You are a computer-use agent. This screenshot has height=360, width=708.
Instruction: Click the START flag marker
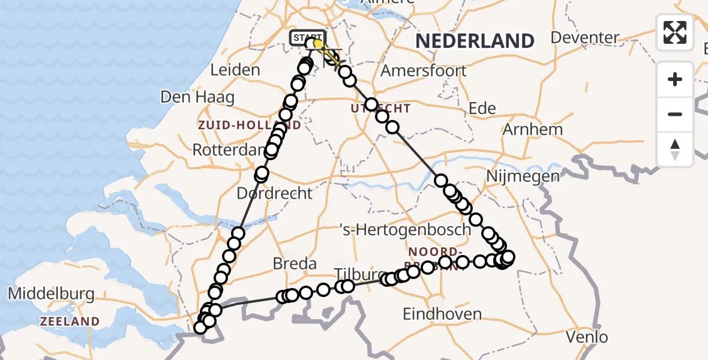307,38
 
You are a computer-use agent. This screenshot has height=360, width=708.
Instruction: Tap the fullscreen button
675,32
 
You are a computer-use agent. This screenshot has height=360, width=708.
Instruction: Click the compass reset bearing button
675,149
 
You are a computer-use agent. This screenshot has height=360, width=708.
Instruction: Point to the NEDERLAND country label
475,41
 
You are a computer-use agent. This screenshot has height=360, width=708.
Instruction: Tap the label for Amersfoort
424,70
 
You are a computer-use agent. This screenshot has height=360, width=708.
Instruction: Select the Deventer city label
585,37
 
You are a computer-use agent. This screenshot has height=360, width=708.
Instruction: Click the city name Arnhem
533,130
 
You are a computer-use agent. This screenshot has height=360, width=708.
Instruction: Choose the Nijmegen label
523,176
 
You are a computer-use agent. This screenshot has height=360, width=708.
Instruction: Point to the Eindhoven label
442,314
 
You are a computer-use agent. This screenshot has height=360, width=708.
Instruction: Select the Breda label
295,263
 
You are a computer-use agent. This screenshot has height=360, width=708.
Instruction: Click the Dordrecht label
275,193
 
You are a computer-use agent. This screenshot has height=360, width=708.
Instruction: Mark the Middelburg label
51,294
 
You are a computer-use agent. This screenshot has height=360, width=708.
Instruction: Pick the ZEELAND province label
70,322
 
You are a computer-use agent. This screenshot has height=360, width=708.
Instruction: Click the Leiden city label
235,70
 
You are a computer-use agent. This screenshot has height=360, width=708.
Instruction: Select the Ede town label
482,108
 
